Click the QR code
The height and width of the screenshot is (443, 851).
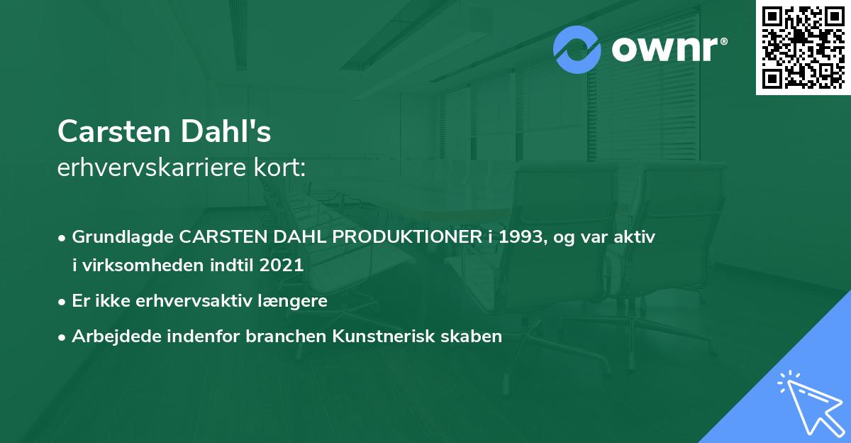coord(803,48)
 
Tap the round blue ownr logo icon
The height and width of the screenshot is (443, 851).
coord(577,50)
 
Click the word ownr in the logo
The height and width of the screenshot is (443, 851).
coord(667,50)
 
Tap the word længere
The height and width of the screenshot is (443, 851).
coord(294,300)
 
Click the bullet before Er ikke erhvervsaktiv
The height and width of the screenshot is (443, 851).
coord(62,301)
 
